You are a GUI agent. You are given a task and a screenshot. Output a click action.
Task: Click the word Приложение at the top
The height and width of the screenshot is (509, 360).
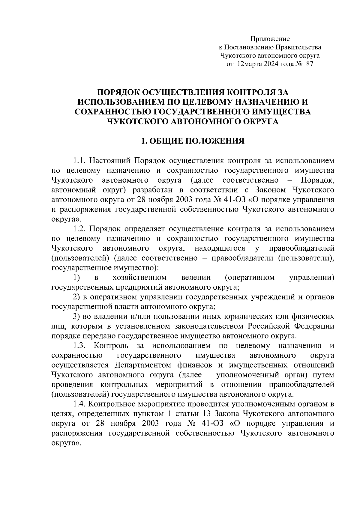pos(270,39)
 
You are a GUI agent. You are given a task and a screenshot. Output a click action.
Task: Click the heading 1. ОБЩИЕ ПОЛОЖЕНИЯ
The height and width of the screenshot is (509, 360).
pos(193,141)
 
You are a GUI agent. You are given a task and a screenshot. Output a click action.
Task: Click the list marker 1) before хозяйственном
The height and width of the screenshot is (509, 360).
pos(76,278)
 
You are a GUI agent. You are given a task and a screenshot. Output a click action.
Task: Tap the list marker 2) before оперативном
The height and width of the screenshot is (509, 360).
pos(76,297)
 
